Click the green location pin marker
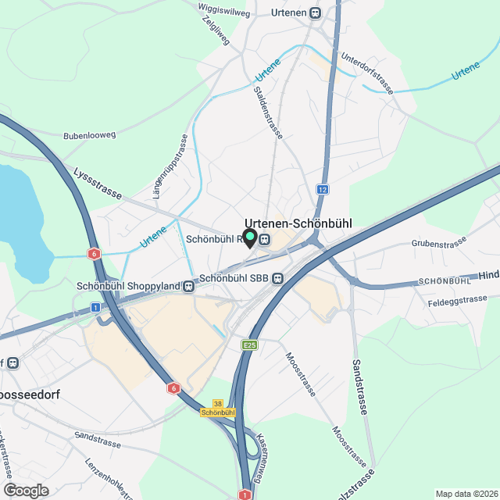pos(250,237)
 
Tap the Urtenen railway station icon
pos(315,13)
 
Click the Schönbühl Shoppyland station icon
pos(189,286)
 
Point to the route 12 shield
pos(323,189)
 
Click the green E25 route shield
pos(250,345)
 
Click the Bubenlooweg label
pos(89,135)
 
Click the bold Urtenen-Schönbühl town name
pos(298,223)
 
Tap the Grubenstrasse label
pos(439,245)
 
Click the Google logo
pos(26,490)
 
